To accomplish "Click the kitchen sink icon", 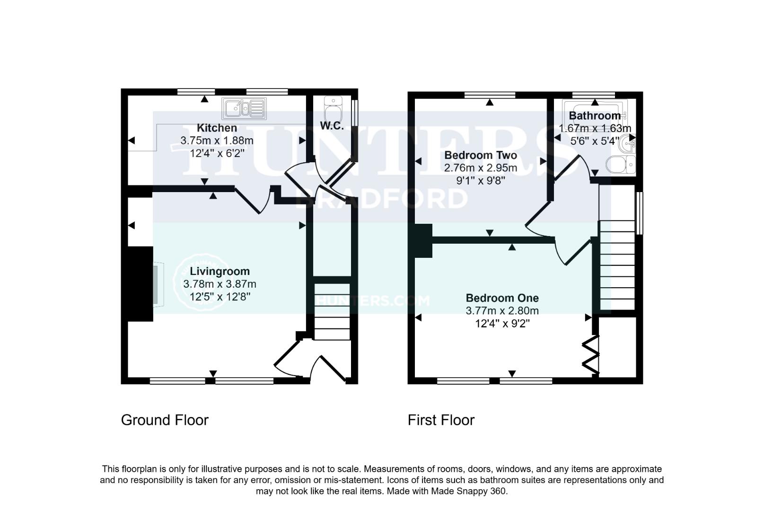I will pyautogui.click(x=245, y=108).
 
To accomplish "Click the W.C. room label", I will pyautogui.click(x=332, y=126).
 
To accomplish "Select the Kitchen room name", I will pyautogui.click(x=217, y=128).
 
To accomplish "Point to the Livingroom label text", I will pyautogui.click(x=220, y=271).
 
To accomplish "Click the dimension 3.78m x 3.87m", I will pyautogui.click(x=220, y=284).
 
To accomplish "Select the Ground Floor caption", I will pyautogui.click(x=165, y=420).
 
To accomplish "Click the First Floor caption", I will pyautogui.click(x=441, y=420).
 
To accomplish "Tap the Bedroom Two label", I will pyautogui.click(x=480, y=155).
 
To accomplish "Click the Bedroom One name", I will pyautogui.click(x=502, y=298).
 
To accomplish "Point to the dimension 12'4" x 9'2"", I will pyautogui.click(x=502, y=324).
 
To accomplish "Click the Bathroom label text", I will pyautogui.click(x=594, y=115).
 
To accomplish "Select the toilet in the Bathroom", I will pyautogui.click(x=622, y=165).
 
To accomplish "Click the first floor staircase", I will pyautogui.click(x=617, y=265).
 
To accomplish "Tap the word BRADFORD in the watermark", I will pyautogui.click(x=381, y=199).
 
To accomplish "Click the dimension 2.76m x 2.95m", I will pyautogui.click(x=480, y=168).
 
